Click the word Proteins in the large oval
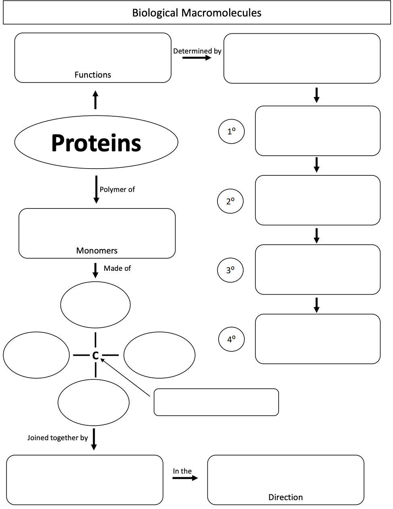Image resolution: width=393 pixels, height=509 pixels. pos(96,143)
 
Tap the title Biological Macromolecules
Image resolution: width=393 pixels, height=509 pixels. pos(196,13)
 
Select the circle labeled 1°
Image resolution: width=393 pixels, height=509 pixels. pos(231,132)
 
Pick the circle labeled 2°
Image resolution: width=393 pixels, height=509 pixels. pos(230,201)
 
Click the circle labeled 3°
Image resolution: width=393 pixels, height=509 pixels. pos(230,270)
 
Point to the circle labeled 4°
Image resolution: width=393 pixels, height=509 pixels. pos(231,339)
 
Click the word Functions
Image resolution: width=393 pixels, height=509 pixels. pos(93,75)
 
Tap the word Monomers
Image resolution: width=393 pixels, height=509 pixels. pos(97,251)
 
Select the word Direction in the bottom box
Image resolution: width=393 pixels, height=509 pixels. pos(285,497)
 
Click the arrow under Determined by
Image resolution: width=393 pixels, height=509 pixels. pos(196,58)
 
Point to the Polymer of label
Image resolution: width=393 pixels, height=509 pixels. pos(117,190)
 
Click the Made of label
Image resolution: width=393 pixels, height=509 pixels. pos(117,268)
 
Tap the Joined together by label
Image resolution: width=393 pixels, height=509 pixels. pos(58,438)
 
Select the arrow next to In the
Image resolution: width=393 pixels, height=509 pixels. pos(185,478)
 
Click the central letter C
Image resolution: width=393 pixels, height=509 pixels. pos(95,356)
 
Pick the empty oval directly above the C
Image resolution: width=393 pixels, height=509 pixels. pos(95,305)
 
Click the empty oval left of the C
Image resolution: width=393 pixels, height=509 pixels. pos(36,355)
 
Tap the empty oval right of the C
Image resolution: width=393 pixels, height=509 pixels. pos(159,355)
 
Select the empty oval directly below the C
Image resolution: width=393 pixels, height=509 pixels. pos(93,402)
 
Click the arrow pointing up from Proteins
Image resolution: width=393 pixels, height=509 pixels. pos(95,99)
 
